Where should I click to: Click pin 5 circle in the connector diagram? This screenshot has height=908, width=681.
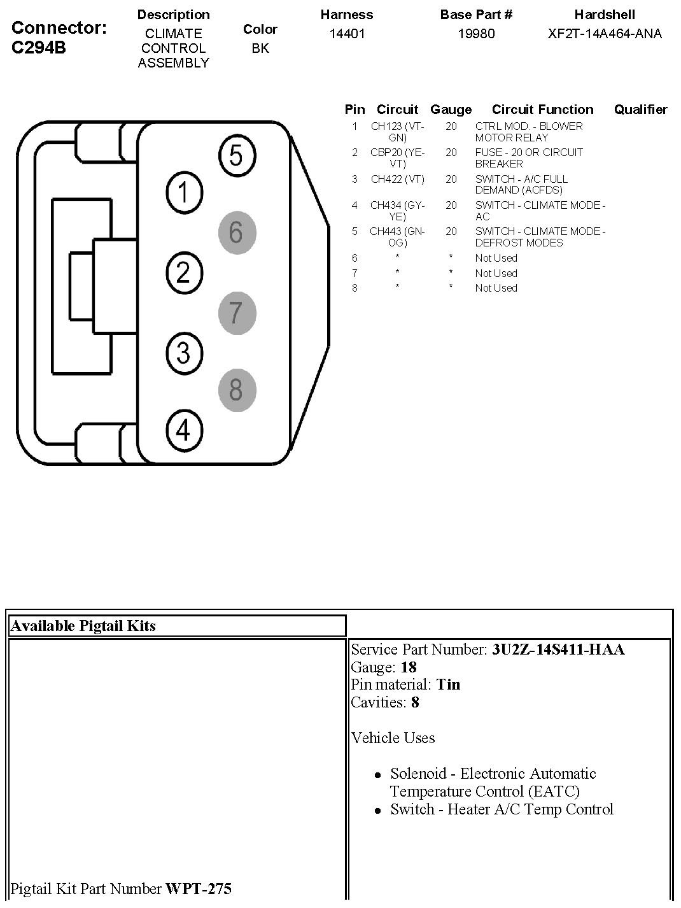(237, 155)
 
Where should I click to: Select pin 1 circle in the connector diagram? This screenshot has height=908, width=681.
(184, 192)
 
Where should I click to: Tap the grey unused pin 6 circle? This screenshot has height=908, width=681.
(236, 232)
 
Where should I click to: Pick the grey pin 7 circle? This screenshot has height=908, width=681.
(236, 313)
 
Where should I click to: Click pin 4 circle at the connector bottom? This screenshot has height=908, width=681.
(183, 430)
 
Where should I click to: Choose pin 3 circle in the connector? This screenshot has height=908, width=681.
(184, 352)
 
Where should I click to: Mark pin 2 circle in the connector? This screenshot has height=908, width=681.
(184, 273)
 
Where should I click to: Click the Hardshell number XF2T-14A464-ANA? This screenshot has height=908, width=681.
(605, 34)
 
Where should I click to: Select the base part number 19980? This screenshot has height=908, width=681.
(476, 34)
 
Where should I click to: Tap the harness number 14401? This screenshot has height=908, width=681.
(347, 34)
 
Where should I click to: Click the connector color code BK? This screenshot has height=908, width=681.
(260, 48)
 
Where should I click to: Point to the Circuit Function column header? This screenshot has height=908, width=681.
(542, 110)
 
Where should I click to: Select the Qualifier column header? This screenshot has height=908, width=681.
(640, 110)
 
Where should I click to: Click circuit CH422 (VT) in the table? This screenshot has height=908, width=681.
(397, 180)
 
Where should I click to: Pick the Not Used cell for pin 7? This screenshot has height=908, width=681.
(496, 273)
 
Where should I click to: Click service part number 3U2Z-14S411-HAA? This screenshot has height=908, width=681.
(558, 649)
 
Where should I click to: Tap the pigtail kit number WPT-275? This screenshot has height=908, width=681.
(199, 888)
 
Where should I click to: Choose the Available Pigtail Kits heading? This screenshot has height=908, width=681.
(83, 626)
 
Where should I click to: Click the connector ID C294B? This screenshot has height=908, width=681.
(39, 48)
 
